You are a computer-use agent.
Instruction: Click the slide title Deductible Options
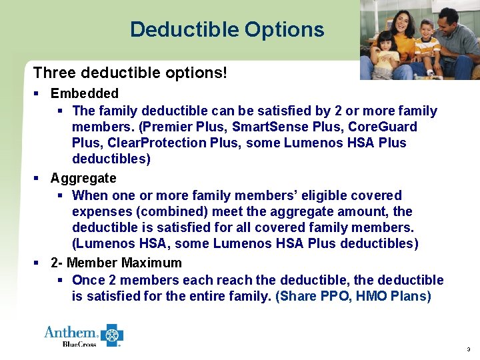tap(227, 29)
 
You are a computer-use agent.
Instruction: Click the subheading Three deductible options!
tap(130, 71)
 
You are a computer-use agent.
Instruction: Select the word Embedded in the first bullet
tap(85, 93)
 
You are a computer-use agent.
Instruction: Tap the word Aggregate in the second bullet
tap(83, 178)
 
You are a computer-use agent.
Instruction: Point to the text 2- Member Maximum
tap(116, 263)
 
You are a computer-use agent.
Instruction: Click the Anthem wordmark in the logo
tap(71, 332)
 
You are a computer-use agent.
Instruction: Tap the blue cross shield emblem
tap(112, 335)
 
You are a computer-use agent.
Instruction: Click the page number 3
tap(469, 349)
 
